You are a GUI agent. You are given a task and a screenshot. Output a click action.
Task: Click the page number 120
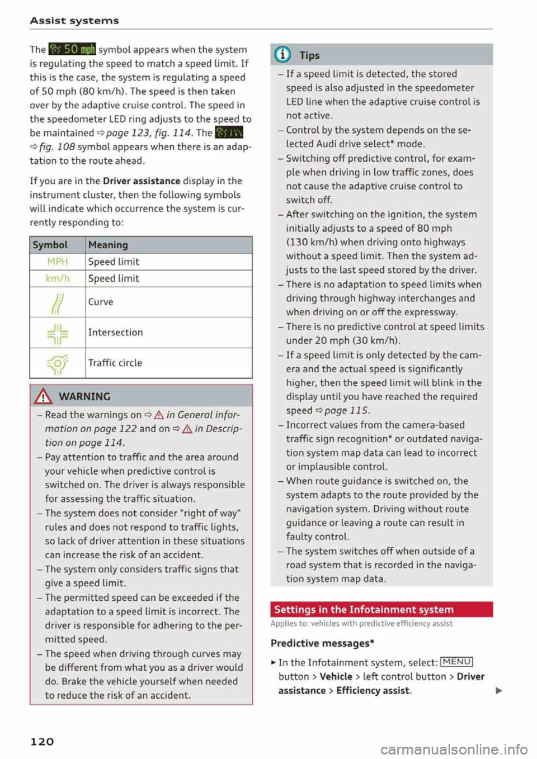point(42,741)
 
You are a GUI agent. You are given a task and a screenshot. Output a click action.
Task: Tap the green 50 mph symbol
point(72,49)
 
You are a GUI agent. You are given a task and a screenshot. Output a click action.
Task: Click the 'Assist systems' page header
point(74,21)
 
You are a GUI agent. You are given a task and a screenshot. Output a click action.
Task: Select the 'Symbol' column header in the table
point(50,245)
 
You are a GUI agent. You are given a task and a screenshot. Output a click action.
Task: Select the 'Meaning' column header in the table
point(108,245)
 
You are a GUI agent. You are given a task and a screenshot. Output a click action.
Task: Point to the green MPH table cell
point(58,262)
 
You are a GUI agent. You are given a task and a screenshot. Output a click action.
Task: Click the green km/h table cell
point(58,278)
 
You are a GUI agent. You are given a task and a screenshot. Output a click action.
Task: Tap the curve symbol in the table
point(58,302)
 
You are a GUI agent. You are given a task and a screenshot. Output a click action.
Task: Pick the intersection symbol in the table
point(58,333)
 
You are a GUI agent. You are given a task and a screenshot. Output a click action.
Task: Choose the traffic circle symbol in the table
point(58,363)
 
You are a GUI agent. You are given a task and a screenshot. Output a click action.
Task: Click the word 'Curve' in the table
point(101,302)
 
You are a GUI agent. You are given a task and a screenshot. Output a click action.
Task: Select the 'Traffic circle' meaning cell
point(115,363)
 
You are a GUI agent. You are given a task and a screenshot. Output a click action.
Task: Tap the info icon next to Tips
point(284,55)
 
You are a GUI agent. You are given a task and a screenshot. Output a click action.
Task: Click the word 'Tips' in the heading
point(309,55)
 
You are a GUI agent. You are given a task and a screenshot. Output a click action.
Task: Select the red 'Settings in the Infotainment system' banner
point(381,609)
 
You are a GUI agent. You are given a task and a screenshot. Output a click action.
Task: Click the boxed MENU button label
point(457,662)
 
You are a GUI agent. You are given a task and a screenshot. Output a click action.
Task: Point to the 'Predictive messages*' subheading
point(322,643)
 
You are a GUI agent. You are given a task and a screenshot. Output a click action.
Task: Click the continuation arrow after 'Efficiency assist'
point(498,691)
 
